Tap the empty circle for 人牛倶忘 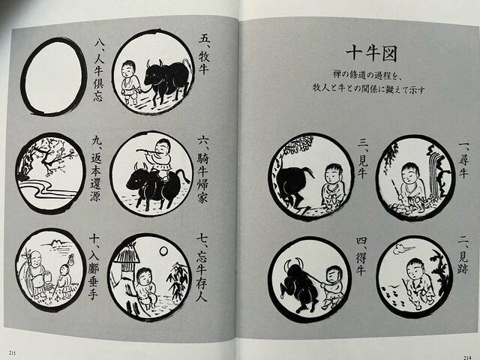coord(53,76)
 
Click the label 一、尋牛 coord(463,157)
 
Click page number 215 coord(12,352)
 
